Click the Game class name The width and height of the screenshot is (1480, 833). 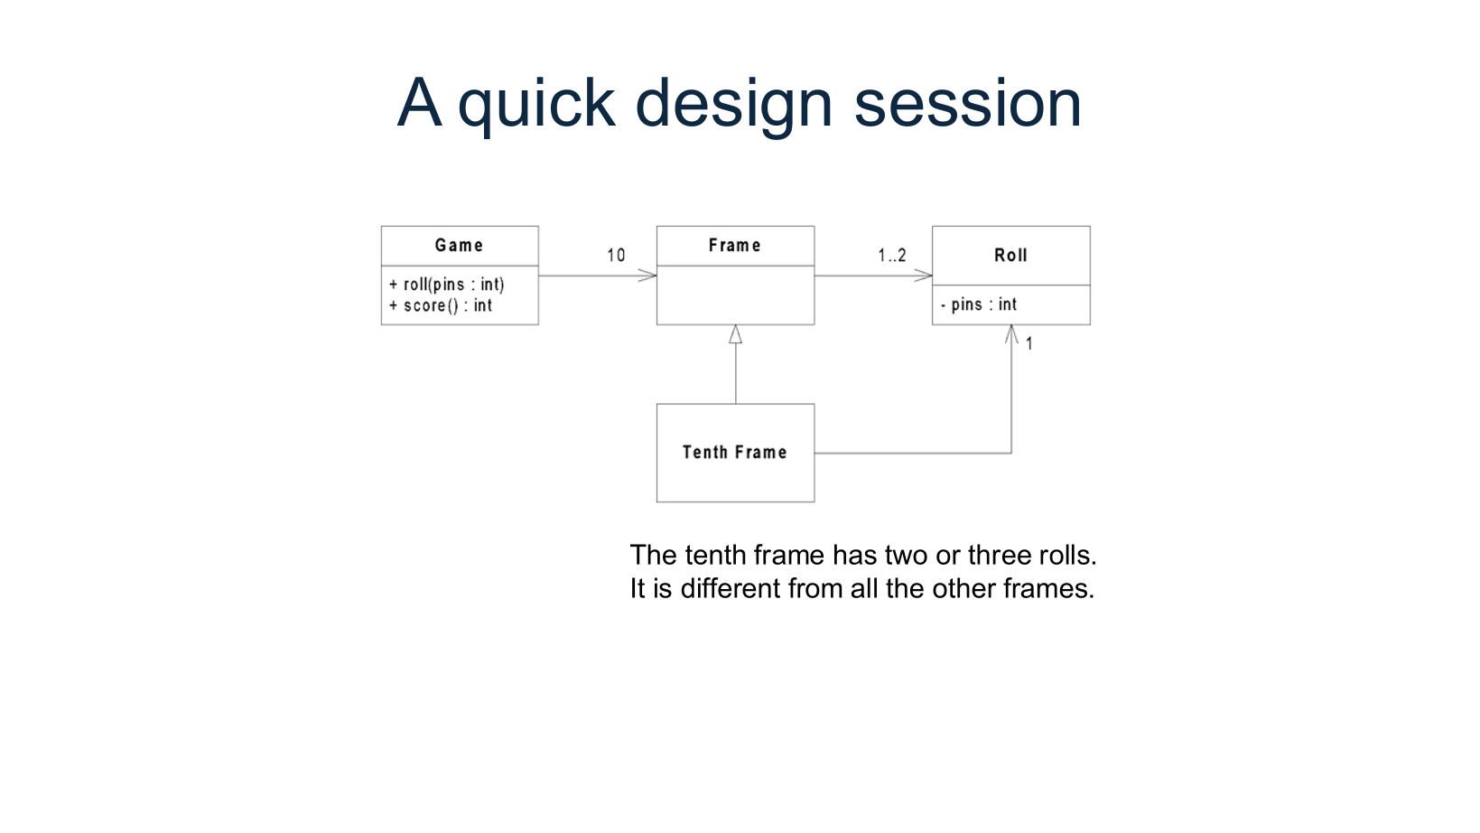(x=459, y=246)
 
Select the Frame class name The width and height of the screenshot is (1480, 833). (x=734, y=246)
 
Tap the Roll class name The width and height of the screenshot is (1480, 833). (x=1010, y=256)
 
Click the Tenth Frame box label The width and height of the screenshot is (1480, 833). (x=734, y=453)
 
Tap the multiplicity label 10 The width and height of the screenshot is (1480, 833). (x=616, y=256)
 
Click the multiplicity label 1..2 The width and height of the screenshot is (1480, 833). (x=891, y=256)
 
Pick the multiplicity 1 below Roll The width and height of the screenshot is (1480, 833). (x=1029, y=344)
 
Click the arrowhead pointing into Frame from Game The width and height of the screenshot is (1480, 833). (x=648, y=276)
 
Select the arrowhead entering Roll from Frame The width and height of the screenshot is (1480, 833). (x=924, y=276)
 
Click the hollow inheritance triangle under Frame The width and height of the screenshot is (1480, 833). (x=735, y=335)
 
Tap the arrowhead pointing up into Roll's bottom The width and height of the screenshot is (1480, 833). (x=1011, y=334)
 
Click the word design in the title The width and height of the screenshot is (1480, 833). (x=733, y=104)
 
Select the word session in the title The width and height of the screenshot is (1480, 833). (x=967, y=104)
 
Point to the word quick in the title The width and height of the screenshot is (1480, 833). (x=536, y=104)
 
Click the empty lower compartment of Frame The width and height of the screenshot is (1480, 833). (x=735, y=295)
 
